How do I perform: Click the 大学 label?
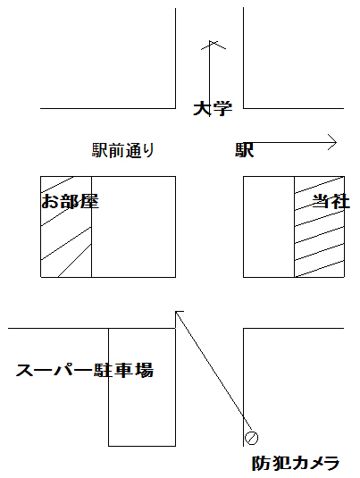(213, 108)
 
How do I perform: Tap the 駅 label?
(245, 150)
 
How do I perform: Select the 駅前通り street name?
(123, 150)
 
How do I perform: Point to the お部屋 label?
(71, 201)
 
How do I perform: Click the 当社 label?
(331, 201)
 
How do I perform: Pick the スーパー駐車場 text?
(85, 370)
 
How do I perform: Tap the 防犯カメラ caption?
(296, 463)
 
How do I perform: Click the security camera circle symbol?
(252, 438)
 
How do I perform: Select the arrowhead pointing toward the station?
(332, 142)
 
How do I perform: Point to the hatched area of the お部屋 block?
(66, 227)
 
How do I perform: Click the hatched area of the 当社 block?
(320, 227)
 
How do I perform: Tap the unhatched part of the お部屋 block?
(133, 227)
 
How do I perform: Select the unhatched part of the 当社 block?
(269, 227)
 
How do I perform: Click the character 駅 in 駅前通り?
(100, 150)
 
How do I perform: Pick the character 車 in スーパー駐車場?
(124, 370)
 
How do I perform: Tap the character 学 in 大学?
(222, 109)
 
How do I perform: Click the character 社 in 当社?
(340, 201)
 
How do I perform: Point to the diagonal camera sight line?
(214, 371)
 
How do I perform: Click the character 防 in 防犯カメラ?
(261, 463)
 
